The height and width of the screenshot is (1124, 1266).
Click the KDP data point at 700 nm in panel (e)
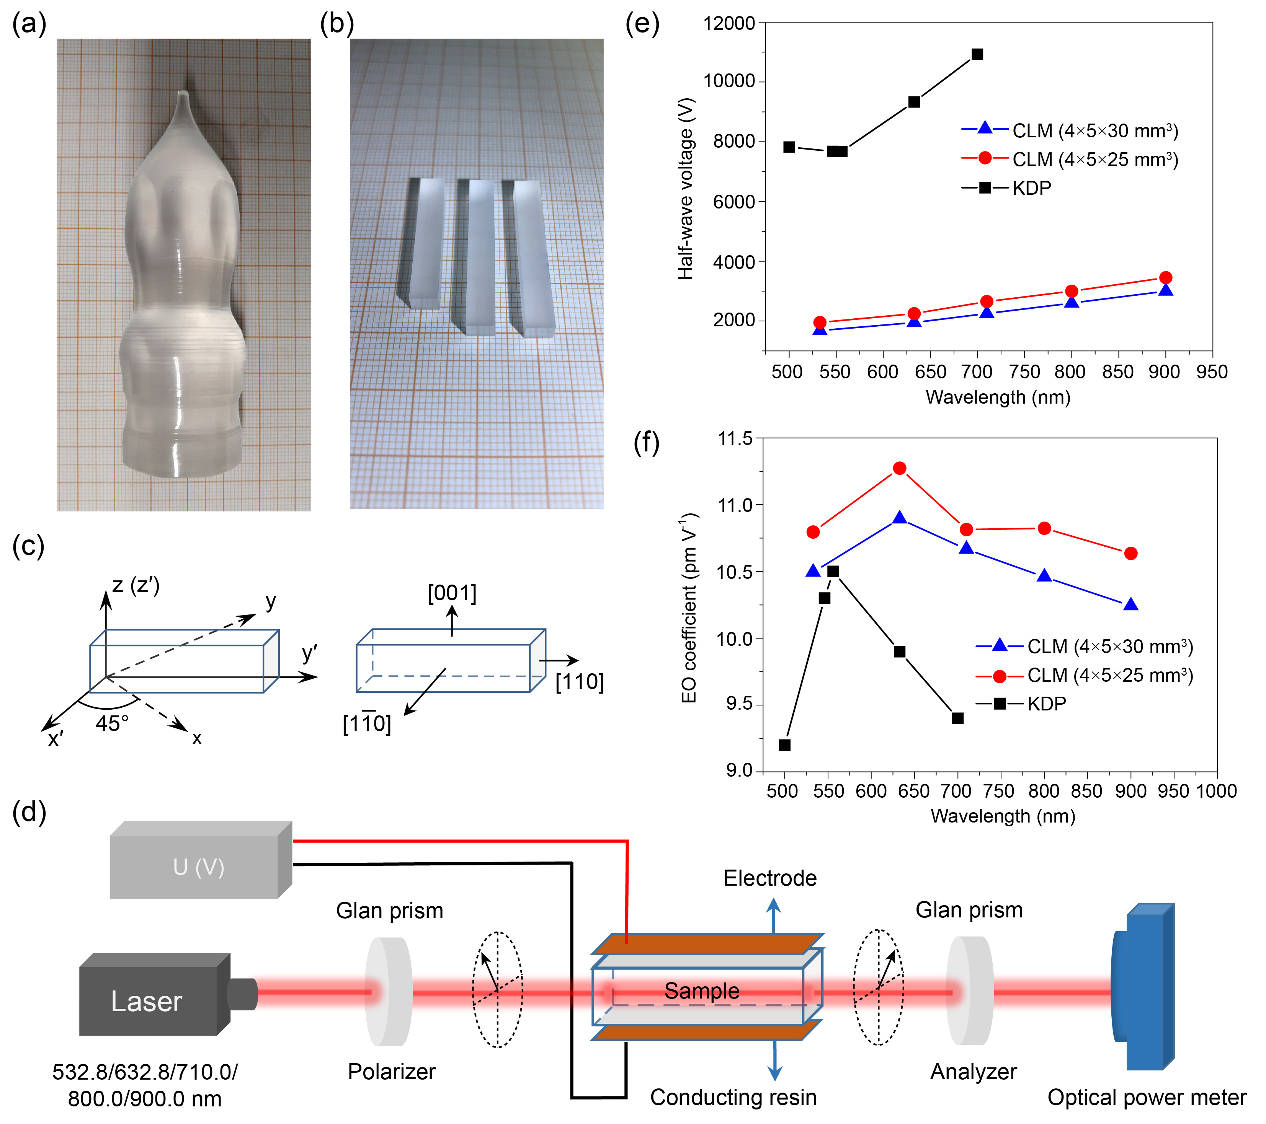(977, 54)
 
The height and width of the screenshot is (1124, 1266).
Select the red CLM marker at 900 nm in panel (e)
(1166, 278)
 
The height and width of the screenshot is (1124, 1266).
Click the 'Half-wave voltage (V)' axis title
(686, 189)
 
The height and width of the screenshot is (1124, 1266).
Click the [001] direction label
(452, 593)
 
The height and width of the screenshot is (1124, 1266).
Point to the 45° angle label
(112, 723)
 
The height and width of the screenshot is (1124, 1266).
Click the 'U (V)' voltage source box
(198, 867)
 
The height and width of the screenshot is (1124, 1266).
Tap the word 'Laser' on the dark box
(147, 1002)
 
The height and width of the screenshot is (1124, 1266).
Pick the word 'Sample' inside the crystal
(702, 991)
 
